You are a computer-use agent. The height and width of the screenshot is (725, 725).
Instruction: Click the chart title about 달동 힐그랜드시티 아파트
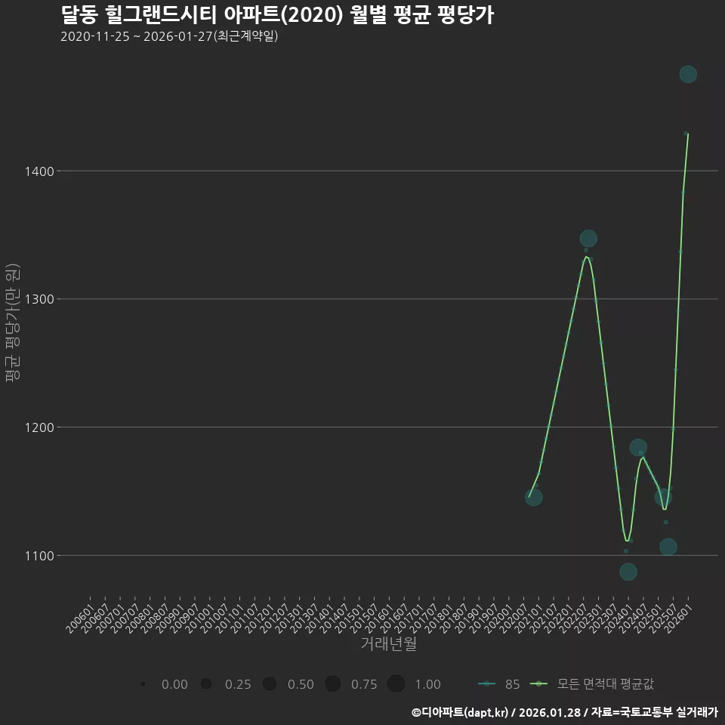pos(276,15)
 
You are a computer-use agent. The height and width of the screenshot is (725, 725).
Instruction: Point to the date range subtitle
pos(169,36)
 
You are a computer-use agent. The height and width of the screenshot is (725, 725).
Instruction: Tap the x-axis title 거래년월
pos(388,643)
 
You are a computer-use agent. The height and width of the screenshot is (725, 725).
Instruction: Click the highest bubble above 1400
pos(688,74)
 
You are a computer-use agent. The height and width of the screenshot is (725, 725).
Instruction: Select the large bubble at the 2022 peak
pos(588,239)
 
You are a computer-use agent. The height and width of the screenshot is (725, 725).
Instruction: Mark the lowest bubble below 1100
pos(628,572)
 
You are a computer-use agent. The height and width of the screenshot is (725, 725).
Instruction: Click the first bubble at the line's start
pos(533,497)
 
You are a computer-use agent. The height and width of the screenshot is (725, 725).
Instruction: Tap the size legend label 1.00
pos(427,684)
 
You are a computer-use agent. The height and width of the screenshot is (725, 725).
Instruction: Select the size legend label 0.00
pos(174,684)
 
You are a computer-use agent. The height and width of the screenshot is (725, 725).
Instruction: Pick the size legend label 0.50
pos(301,684)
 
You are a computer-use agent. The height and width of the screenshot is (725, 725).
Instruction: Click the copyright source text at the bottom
pos(564,712)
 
